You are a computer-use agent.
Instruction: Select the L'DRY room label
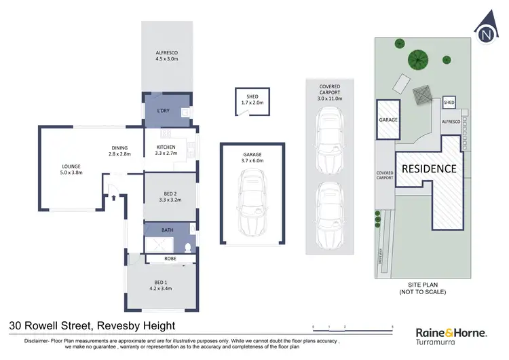[163, 110]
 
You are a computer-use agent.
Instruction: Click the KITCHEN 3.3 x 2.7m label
[166, 150]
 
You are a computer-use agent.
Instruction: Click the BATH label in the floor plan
[167, 230]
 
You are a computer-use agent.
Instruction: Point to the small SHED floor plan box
[252, 100]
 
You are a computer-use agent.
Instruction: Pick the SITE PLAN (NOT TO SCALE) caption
[422, 288]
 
